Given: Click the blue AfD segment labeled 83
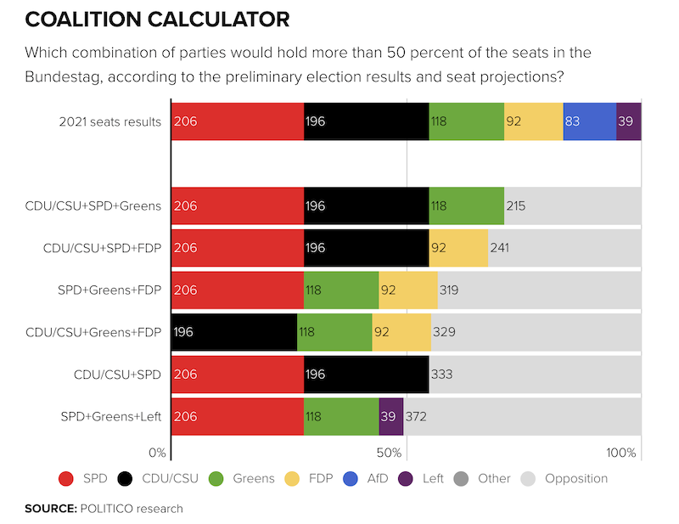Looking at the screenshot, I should [589, 121].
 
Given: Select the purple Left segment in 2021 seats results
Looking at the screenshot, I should [628, 121].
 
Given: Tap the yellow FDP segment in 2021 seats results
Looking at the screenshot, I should [533, 121].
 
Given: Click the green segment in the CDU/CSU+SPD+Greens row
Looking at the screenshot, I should [466, 206].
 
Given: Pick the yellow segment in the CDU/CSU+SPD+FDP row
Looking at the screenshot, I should [458, 248].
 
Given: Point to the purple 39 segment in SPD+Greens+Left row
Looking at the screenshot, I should [390, 416].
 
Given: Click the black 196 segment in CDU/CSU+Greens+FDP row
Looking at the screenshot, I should [233, 332].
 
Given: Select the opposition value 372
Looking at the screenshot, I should [417, 416].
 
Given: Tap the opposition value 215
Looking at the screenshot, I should [516, 206].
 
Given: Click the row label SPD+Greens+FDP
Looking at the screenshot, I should [109, 290].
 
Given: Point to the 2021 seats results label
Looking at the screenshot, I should [109, 121].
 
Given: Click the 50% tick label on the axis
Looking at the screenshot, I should [388, 452].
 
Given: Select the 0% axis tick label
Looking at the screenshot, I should [157, 452].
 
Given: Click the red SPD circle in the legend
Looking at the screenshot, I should [66, 478].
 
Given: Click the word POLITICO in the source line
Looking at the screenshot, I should [109, 509].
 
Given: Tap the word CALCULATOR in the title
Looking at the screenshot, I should [215, 18].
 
